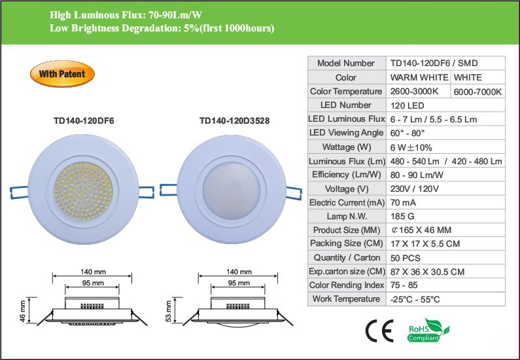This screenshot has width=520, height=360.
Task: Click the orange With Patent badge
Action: coord(62,74)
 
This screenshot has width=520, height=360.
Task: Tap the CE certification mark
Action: coord(379,331)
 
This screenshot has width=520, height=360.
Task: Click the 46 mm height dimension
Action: coord(24,311)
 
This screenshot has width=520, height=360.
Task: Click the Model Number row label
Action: coord(346,63)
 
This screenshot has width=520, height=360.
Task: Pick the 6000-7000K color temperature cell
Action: coord(479,92)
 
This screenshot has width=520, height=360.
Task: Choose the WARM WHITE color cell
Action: coord(419,78)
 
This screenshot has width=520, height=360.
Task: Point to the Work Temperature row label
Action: coord(346,299)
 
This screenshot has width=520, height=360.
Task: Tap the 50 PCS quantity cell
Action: coord(406,258)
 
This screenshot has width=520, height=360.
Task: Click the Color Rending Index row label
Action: coord(346,285)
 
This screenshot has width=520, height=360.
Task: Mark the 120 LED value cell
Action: coord(407,105)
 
